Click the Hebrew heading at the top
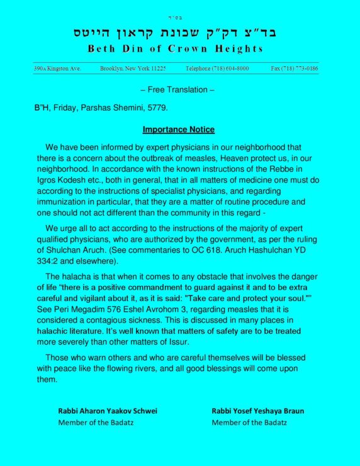click(x=179, y=31)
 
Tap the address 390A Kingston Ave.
click(x=57, y=68)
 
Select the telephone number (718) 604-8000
click(x=217, y=68)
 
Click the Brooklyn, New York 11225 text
click(x=133, y=68)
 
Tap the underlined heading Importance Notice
click(x=178, y=130)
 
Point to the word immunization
click(x=63, y=202)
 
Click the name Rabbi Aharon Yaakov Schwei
click(x=108, y=411)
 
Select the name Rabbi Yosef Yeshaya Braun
click(x=258, y=411)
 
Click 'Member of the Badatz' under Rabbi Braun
click(x=249, y=423)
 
